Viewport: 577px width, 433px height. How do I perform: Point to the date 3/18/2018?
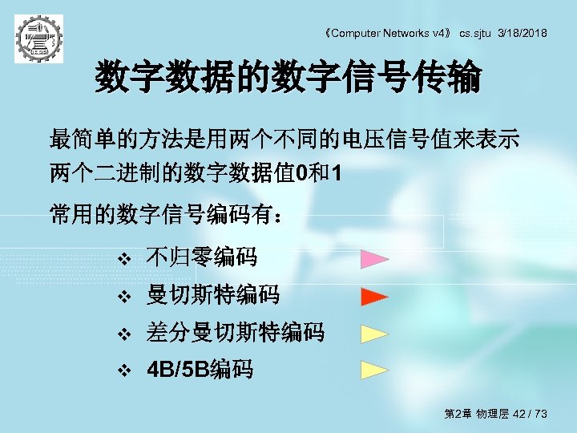[x=523, y=33]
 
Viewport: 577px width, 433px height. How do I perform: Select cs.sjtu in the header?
[x=474, y=33]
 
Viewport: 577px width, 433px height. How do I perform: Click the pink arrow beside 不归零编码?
[x=374, y=259]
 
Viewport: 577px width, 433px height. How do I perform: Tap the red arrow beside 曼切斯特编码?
[x=374, y=296]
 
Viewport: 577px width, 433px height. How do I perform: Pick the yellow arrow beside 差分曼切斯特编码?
[x=374, y=334]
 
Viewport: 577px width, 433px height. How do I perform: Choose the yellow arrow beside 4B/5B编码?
[x=374, y=370]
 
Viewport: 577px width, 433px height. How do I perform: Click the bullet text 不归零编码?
[x=201, y=258]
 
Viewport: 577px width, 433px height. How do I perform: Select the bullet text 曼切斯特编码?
[x=212, y=295]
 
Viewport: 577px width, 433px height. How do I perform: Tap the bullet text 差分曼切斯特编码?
[x=235, y=332]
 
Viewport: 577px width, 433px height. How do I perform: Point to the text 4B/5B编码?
[x=200, y=370]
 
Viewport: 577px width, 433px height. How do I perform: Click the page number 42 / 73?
[x=530, y=414]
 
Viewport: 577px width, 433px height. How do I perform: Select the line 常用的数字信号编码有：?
[x=166, y=215]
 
